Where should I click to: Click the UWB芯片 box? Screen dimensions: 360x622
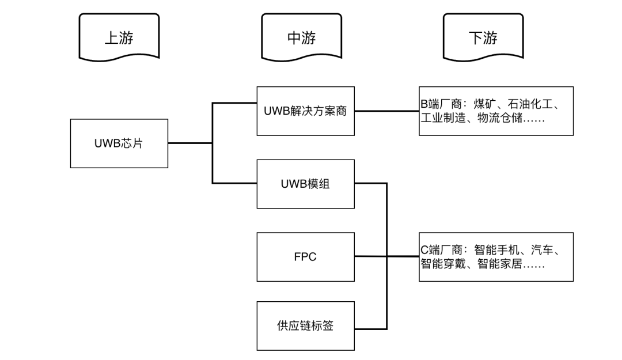(x=119, y=143)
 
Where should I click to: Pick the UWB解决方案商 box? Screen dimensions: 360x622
(x=305, y=111)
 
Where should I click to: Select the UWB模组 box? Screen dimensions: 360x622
(x=305, y=184)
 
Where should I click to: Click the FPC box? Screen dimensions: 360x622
(x=305, y=257)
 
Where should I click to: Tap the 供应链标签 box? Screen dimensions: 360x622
(x=305, y=326)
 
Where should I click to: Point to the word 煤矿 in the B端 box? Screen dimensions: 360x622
(x=486, y=104)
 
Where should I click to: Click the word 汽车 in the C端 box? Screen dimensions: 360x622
(x=546, y=251)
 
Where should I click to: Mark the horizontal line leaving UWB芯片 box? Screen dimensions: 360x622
(x=190, y=143)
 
